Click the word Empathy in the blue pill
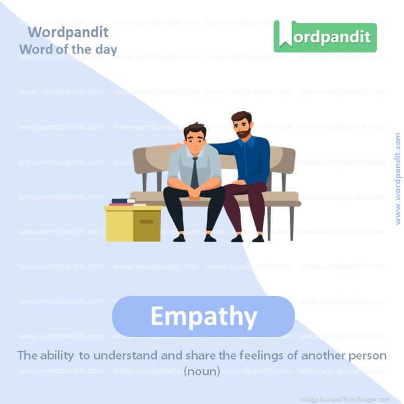click(203, 317)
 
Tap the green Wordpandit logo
click(325, 36)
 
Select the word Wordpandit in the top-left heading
click(68, 32)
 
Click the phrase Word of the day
click(68, 49)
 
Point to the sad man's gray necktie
click(194, 173)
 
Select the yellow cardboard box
click(133, 224)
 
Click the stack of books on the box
click(124, 202)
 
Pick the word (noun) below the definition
click(202, 370)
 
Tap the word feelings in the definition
click(264, 355)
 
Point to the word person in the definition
click(367, 355)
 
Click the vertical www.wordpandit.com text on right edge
click(398, 178)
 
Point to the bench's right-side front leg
click(292, 223)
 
